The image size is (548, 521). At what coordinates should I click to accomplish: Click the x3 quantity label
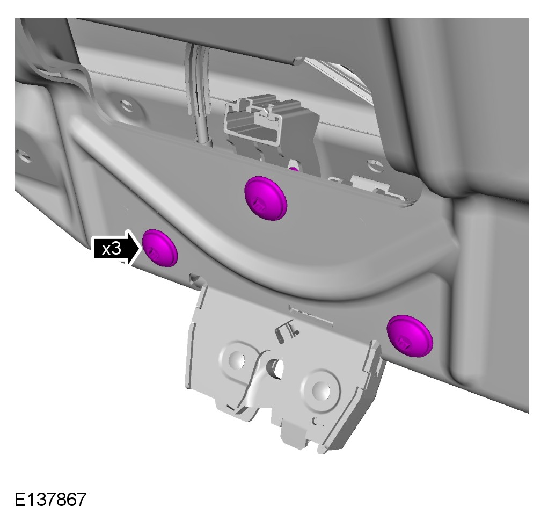coord(111,249)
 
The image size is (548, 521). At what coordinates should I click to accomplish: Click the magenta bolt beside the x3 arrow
coord(160,248)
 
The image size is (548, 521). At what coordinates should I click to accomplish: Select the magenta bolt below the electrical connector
coord(266,198)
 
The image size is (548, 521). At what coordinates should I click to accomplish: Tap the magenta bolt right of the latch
coord(410,336)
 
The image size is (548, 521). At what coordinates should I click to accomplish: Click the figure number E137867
coord(50,499)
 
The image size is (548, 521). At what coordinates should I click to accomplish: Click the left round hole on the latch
coord(237,359)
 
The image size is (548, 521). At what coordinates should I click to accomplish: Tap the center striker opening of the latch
coord(276,368)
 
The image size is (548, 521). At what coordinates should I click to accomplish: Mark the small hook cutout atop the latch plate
coord(287,330)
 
